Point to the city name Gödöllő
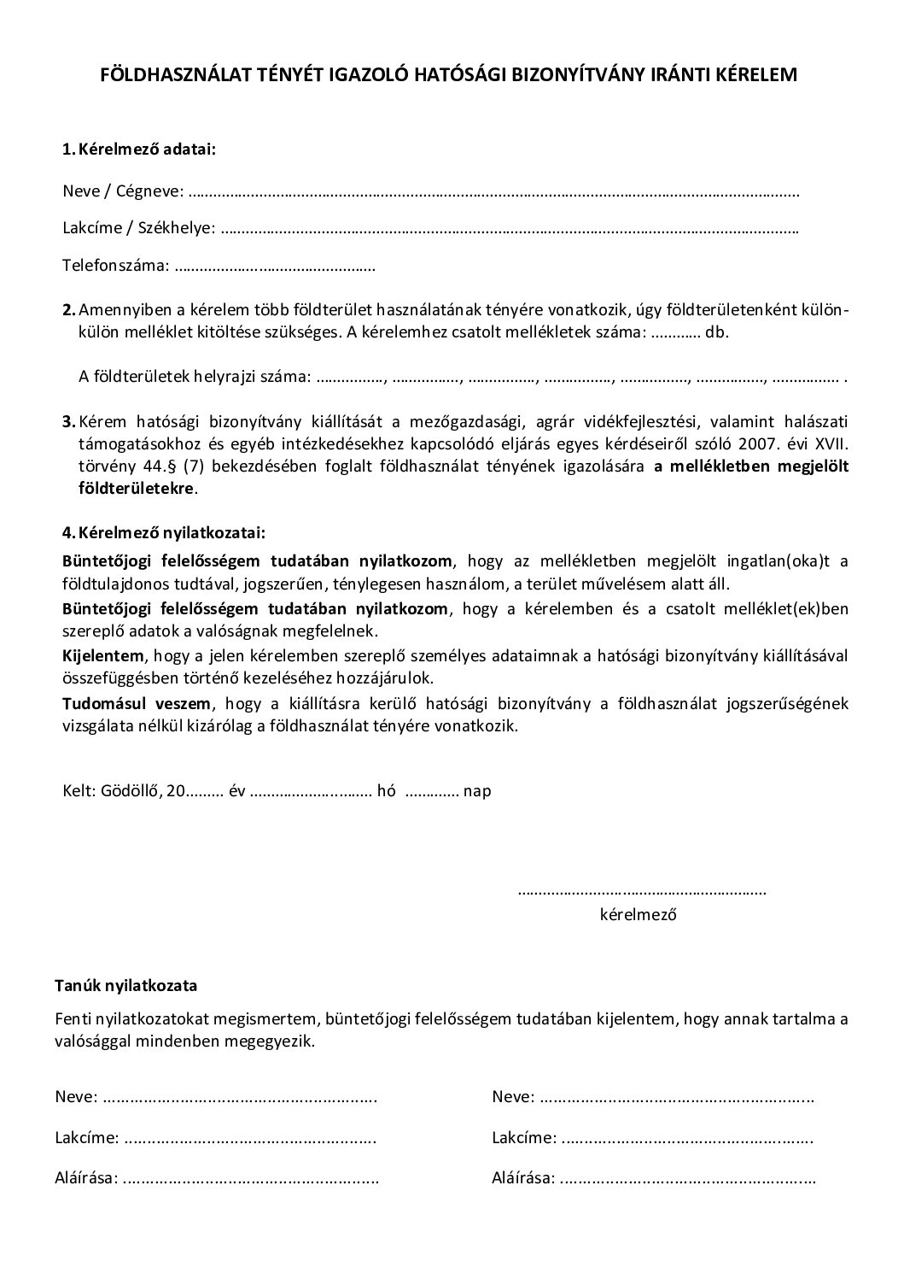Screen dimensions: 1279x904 point(131,790)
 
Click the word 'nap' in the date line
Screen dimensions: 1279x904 point(477,790)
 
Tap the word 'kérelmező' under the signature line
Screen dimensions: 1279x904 point(639,914)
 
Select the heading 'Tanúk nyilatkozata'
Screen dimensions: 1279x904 point(126,985)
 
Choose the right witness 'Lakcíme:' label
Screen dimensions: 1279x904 point(524,1138)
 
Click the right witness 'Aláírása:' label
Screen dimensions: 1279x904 point(523,1179)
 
